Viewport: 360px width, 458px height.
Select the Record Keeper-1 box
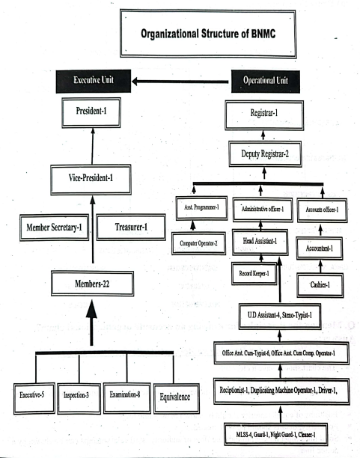pos(254,274)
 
